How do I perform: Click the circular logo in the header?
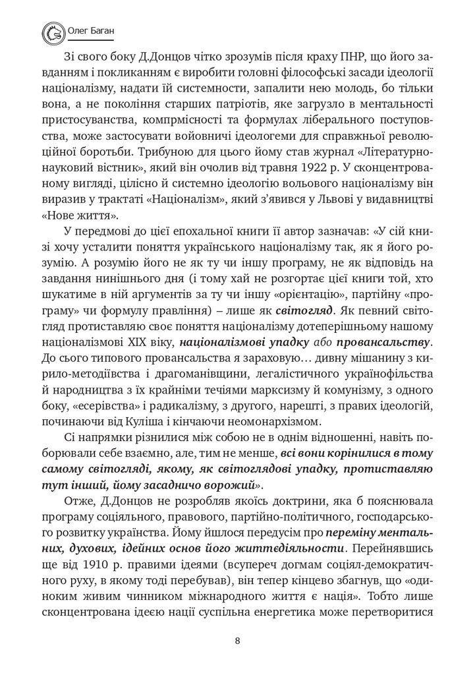tap(51, 30)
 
